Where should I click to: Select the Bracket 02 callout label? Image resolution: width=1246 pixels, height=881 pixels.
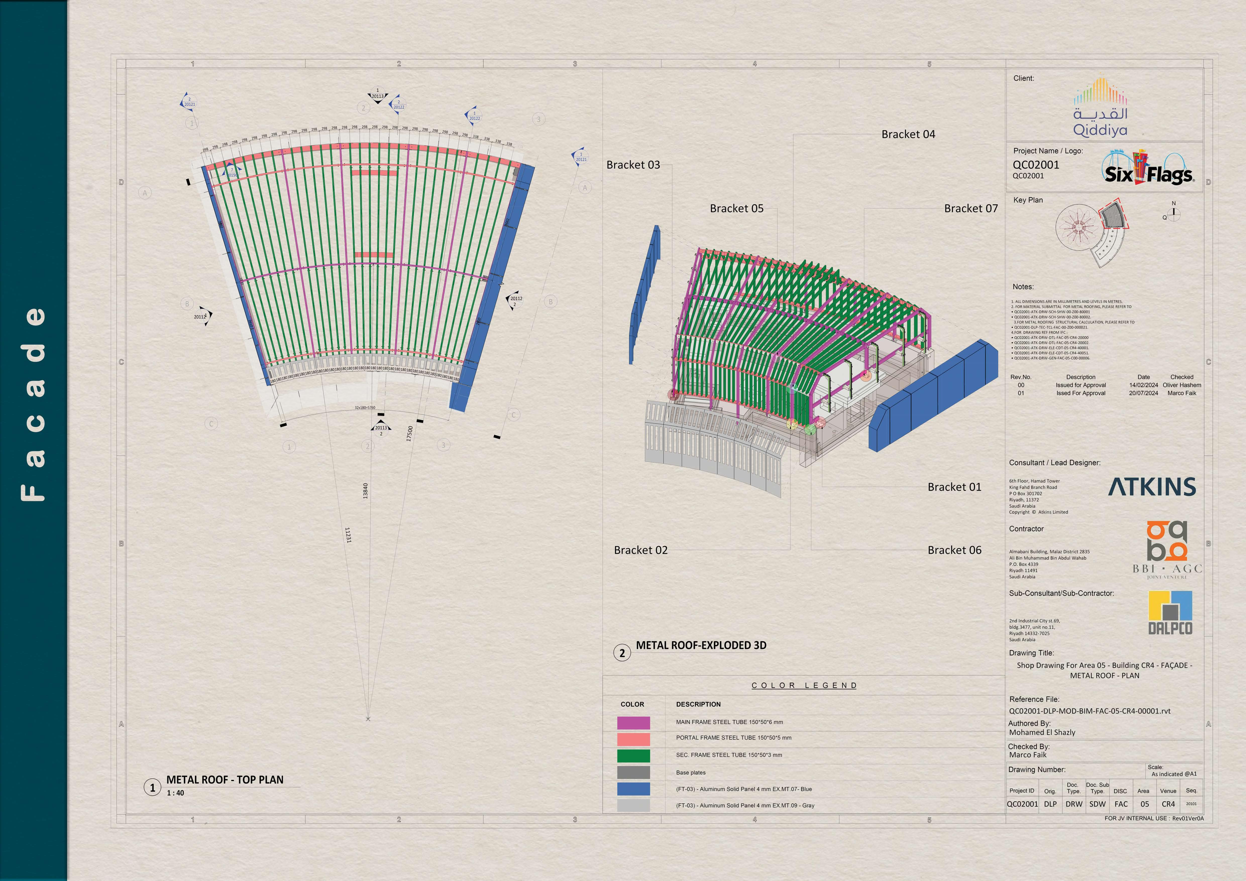640,550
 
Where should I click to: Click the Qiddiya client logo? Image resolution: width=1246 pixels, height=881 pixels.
1100,107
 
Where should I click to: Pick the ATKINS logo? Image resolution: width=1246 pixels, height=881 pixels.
1152,487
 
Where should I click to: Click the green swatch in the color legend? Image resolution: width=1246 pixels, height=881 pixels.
633,756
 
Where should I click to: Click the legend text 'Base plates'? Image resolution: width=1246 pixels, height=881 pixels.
690,773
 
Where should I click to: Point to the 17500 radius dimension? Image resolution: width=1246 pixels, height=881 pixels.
410,433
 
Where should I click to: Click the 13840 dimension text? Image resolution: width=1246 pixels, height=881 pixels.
365,491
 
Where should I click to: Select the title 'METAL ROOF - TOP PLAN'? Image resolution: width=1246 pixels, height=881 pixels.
225,780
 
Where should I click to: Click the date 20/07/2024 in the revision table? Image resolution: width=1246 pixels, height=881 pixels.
1144,393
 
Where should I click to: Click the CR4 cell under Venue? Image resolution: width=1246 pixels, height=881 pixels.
1168,804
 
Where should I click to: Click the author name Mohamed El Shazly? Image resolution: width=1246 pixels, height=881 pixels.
1042,732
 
